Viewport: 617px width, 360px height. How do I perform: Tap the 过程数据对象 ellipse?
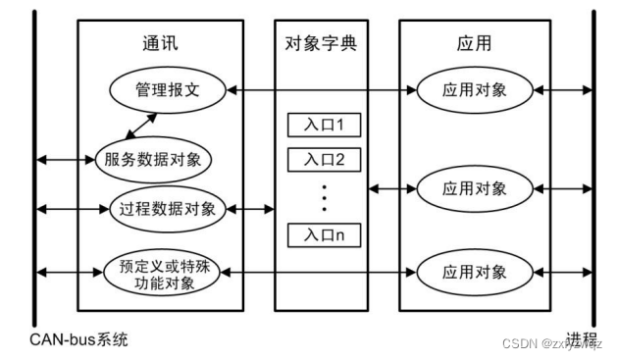click(166, 208)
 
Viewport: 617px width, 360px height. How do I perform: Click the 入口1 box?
click(324, 125)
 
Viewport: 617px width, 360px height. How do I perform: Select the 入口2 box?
click(324, 159)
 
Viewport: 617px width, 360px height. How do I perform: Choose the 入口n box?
click(324, 235)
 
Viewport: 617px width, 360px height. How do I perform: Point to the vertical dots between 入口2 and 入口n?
click(324, 196)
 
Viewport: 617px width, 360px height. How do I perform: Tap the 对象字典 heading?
click(324, 44)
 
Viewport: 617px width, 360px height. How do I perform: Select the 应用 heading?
click(472, 44)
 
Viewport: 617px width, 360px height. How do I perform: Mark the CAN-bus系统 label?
click(78, 340)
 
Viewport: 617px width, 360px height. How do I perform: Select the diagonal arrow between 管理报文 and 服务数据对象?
click(138, 125)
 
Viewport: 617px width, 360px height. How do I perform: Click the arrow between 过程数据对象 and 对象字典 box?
click(252, 208)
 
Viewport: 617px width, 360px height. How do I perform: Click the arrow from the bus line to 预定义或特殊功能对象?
click(67, 268)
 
